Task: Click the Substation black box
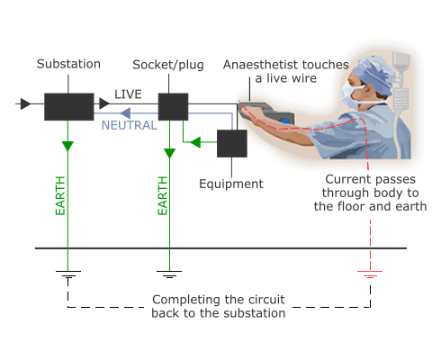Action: pyautogui.click(x=69, y=107)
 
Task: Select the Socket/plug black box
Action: pyautogui.click(x=173, y=107)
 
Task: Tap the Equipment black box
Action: pyautogui.click(x=232, y=143)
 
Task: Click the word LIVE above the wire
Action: pyautogui.click(x=128, y=94)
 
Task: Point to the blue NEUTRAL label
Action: pyautogui.click(x=130, y=125)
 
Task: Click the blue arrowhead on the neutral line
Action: pyautogui.click(x=125, y=113)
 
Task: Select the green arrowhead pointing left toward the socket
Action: pyautogui.click(x=195, y=142)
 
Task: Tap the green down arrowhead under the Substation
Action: pyautogui.click(x=67, y=146)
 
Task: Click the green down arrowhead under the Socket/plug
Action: pyautogui.click(x=169, y=153)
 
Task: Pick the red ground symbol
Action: pyautogui.click(x=370, y=274)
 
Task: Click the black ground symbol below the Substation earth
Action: pyautogui.click(x=68, y=274)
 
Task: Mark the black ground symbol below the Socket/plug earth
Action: pyautogui.click(x=169, y=274)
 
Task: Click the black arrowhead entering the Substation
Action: pyautogui.click(x=26, y=103)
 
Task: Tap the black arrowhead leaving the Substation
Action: pyautogui.click(x=104, y=103)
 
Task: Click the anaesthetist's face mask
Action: pyautogui.click(x=351, y=94)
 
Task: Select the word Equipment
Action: pyautogui.click(x=231, y=184)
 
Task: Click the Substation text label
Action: pyautogui.click(x=68, y=64)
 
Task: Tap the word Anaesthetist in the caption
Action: pyautogui.click(x=260, y=65)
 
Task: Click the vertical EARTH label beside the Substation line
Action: pyautogui.click(x=60, y=195)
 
